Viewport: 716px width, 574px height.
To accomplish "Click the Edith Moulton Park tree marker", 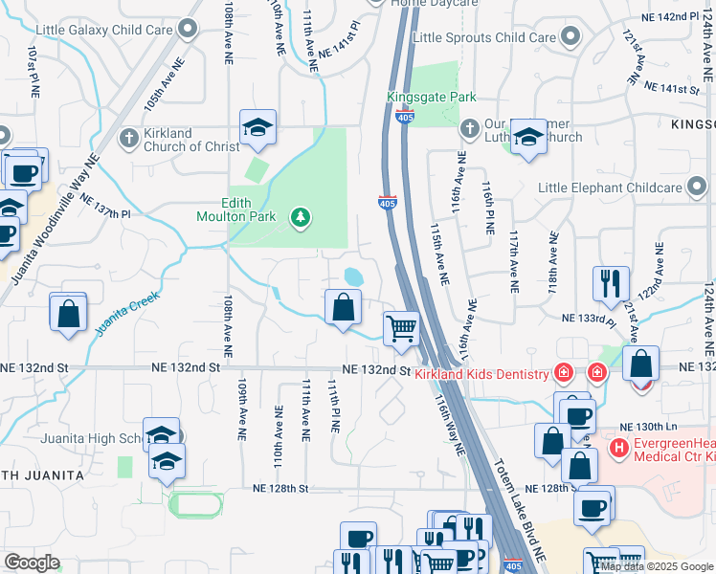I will [301, 218].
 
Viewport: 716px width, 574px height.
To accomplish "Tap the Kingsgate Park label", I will [431, 98].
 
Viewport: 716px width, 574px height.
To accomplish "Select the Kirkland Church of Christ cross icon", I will [129, 140].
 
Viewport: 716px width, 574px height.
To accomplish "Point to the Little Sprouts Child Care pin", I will [571, 38].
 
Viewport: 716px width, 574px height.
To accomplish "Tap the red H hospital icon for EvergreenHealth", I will [619, 447].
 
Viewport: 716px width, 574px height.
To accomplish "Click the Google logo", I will [32, 562].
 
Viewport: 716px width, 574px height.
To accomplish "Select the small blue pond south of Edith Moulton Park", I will [354, 276].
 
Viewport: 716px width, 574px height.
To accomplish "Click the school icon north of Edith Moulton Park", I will [257, 127].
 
